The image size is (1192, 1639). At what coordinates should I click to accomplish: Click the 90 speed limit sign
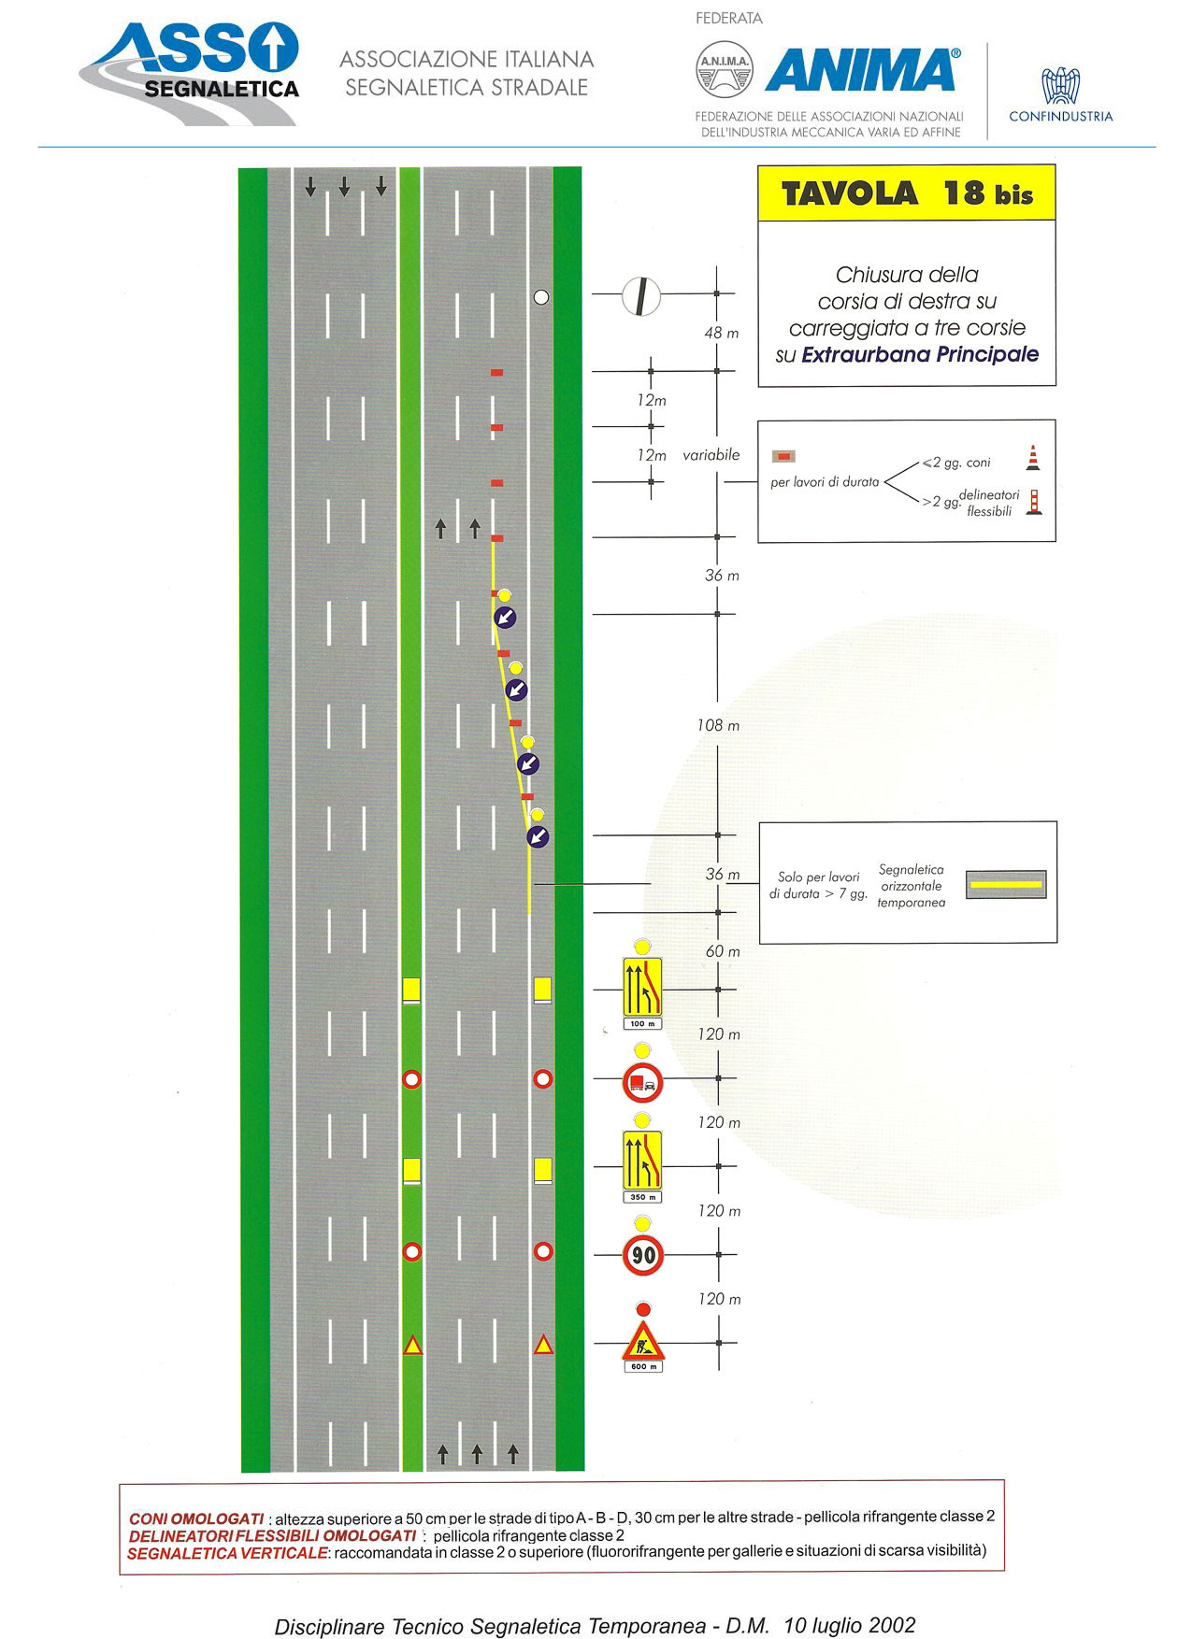tap(643, 1254)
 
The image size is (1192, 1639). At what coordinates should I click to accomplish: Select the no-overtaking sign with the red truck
tap(642, 1082)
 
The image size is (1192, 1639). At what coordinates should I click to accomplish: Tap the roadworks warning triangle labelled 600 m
tap(643, 1343)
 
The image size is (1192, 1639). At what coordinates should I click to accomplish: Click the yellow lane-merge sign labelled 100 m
tap(642, 987)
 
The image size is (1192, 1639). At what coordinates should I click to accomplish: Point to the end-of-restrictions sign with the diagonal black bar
tap(641, 296)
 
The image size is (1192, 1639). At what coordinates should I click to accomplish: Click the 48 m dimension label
tap(721, 333)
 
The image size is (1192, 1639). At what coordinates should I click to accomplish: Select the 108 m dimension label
tap(718, 725)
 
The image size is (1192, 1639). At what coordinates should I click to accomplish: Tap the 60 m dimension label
tap(723, 951)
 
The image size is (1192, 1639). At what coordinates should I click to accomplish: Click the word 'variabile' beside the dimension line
tap(711, 455)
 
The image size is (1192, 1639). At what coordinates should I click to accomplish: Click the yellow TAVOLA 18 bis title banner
tap(907, 193)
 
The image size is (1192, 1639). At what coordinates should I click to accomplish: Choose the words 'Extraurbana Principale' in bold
tap(920, 354)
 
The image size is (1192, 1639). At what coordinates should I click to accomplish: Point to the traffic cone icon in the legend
tap(1033, 457)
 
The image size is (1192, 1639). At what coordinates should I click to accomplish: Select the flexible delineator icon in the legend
tap(1034, 502)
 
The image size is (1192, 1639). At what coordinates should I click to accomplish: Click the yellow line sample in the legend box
tap(1005, 884)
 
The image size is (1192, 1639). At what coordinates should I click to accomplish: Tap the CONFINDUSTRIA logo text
tap(1061, 117)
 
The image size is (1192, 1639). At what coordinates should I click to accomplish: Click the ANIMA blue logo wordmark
tap(862, 70)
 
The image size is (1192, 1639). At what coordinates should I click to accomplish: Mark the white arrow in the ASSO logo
tap(274, 48)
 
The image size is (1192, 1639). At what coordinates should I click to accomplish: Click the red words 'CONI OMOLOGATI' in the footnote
tap(196, 1518)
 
